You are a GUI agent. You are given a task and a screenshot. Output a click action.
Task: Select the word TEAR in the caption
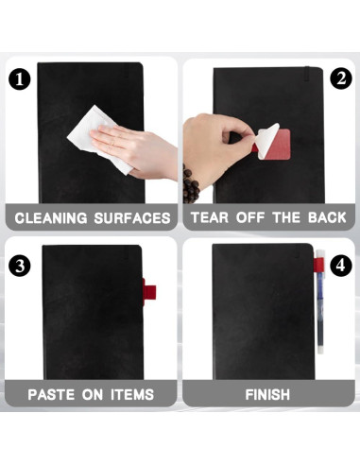tap(211, 218)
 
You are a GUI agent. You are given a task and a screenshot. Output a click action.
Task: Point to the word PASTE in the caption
tap(54, 392)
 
